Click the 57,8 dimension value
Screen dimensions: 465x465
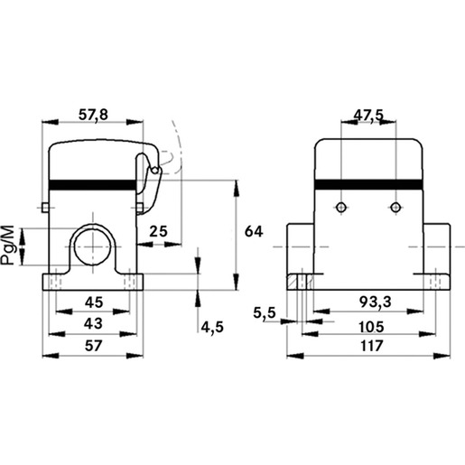(93, 115)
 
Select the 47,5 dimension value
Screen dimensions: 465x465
(368, 115)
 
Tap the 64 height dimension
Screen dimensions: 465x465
(254, 231)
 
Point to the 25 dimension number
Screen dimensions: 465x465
(158, 231)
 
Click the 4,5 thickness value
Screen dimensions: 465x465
(212, 327)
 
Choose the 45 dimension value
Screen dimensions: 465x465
(94, 302)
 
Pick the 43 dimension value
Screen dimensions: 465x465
(93, 323)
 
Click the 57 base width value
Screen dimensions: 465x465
(93, 346)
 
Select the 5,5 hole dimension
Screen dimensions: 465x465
(265, 313)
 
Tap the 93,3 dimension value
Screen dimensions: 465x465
(376, 302)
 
